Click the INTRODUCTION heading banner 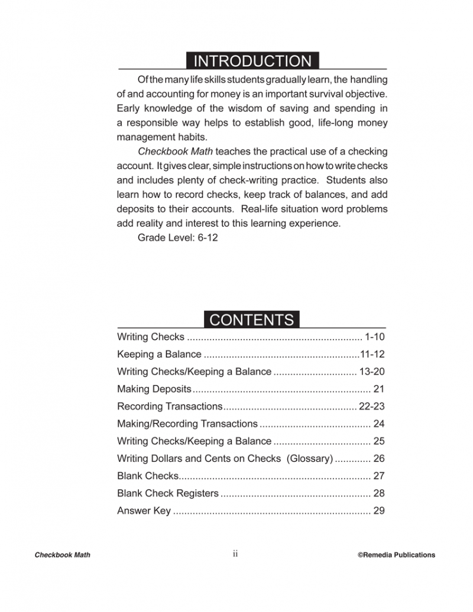pos(252,61)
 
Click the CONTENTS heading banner pos(252,320)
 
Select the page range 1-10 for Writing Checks pos(375,337)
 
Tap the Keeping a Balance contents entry pos(159,355)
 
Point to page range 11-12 pos(372,355)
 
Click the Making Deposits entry pos(154,389)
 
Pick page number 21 pos(379,389)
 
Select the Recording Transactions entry pos(170,406)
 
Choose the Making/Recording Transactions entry pos(187,423)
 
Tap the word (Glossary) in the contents pos(310,458)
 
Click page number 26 pos(379,458)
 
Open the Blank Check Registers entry pos(168,493)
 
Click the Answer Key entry pos(144,510)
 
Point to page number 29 pos(379,510)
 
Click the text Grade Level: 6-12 pos(174,238)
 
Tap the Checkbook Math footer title pos(63,555)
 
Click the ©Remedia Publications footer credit pos(396,555)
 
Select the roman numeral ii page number pos(235,554)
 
